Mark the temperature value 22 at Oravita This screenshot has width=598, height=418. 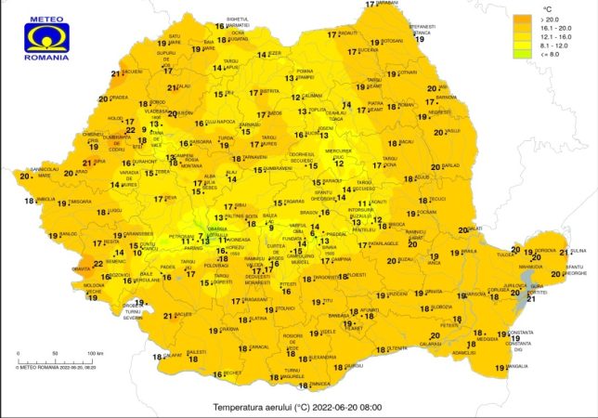pos(97,264)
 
